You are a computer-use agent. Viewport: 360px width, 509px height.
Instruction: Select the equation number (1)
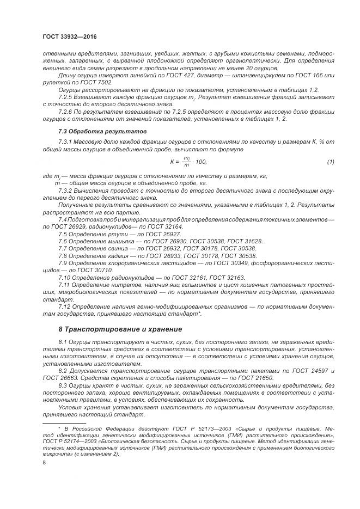click(x=330, y=162)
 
